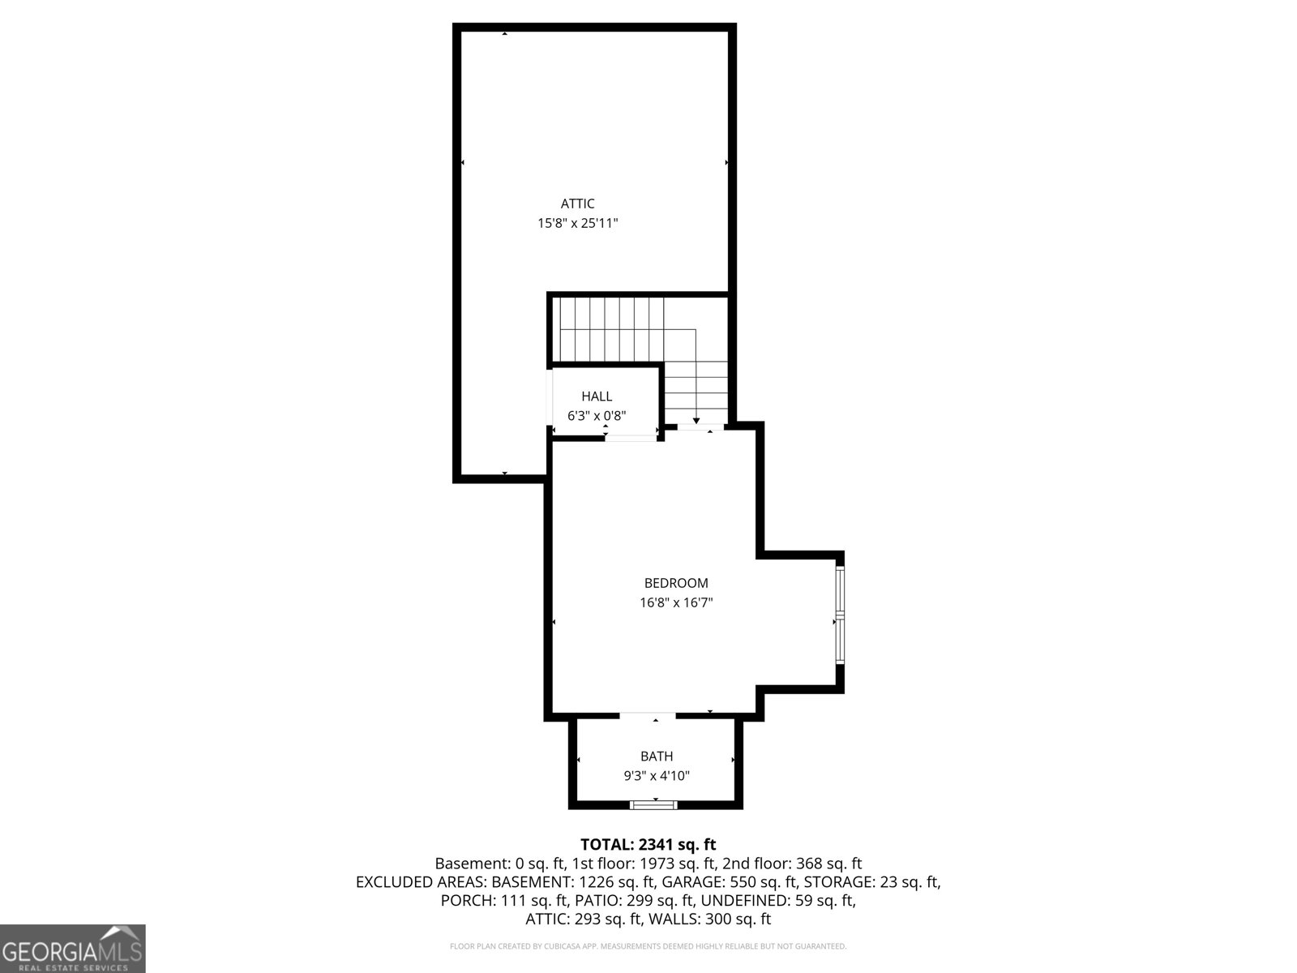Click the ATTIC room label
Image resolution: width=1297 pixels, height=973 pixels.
coord(577,204)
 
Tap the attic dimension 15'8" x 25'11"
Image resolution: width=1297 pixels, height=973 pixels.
coord(577,223)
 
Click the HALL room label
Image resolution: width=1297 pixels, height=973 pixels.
coord(597,396)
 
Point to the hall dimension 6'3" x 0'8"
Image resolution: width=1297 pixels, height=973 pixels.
coord(597,416)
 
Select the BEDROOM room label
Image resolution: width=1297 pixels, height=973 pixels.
coord(676,583)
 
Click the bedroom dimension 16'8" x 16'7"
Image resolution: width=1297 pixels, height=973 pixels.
coord(676,602)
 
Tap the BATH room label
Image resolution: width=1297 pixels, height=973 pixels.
coord(657,757)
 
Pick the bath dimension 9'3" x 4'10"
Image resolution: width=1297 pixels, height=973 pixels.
coord(657,776)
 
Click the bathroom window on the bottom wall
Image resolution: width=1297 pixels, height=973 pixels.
coord(654,804)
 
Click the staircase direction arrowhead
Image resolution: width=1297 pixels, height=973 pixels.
coord(696,420)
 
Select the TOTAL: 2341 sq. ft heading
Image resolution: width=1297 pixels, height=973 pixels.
coord(648,845)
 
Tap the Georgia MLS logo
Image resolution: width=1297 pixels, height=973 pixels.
coord(73,949)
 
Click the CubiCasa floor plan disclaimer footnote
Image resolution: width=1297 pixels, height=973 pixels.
coord(648,946)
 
